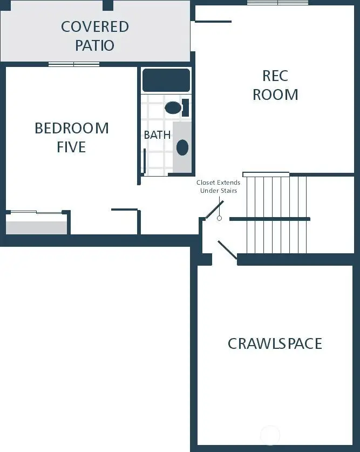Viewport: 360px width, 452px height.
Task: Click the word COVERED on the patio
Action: (x=94, y=26)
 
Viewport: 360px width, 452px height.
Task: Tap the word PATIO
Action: (x=94, y=45)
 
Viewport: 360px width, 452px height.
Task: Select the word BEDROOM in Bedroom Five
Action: (x=71, y=129)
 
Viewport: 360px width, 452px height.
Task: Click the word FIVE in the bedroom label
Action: (x=71, y=147)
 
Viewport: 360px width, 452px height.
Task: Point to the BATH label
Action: (x=157, y=135)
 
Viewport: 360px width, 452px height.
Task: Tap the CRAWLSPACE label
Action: (x=275, y=343)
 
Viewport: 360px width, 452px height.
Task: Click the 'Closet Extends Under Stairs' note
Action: (x=218, y=187)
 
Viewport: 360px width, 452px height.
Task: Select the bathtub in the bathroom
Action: (x=166, y=80)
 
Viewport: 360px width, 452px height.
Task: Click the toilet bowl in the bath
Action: (x=173, y=107)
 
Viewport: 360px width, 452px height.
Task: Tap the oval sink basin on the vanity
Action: (x=182, y=147)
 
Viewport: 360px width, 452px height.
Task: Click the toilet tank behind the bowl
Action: (x=185, y=107)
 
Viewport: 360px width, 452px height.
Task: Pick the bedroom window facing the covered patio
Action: (x=74, y=64)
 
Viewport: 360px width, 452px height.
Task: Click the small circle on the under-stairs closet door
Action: (x=219, y=218)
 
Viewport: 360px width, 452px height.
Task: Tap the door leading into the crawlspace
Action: (x=227, y=252)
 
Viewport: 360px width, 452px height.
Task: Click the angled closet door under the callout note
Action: (x=214, y=210)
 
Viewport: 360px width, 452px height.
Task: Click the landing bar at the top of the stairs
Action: (x=266, y=174)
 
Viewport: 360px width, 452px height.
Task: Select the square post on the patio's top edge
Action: (x=108, y=5)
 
